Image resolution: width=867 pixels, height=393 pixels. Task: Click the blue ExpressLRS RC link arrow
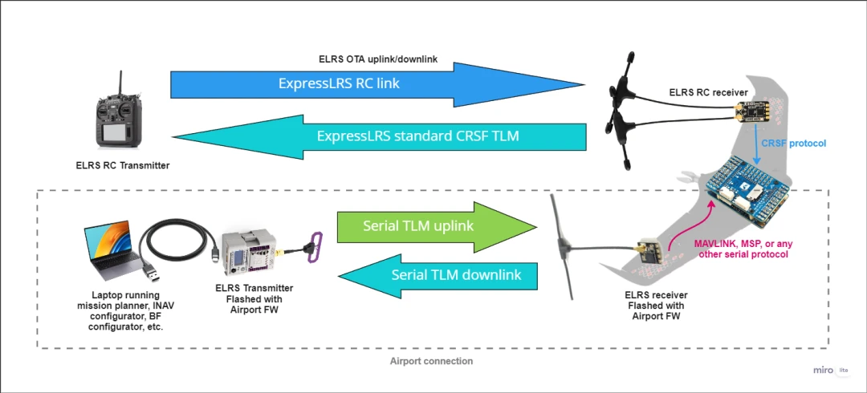click(369, 83)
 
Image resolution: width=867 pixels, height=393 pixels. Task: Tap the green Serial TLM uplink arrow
click(425, 225)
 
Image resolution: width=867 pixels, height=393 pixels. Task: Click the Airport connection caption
click(431, 361)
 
